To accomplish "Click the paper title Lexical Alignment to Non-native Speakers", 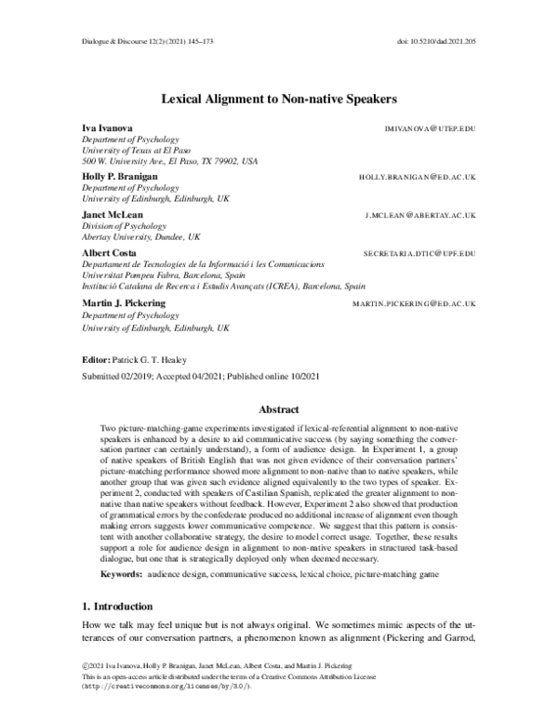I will pos(279,96).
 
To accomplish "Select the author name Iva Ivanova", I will pos(107,127).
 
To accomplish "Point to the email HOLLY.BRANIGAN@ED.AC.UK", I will pos(417,176).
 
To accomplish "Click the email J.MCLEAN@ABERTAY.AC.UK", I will pos(420,215).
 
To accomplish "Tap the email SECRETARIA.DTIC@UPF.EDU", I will pos(419,253).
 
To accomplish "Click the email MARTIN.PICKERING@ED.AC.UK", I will pos(414,304).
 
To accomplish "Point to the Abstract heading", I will pos(279,408).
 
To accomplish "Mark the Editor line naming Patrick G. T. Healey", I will pos(146,358).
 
